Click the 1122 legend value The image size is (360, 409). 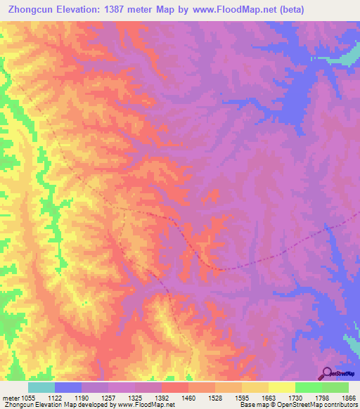(x=68, y=398)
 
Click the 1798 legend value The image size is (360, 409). (x=309, y=398)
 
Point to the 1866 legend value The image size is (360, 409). (x=345, y=398)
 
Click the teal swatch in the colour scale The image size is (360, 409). (x=41, y=387)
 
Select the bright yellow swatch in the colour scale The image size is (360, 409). (x=282, y=387)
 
